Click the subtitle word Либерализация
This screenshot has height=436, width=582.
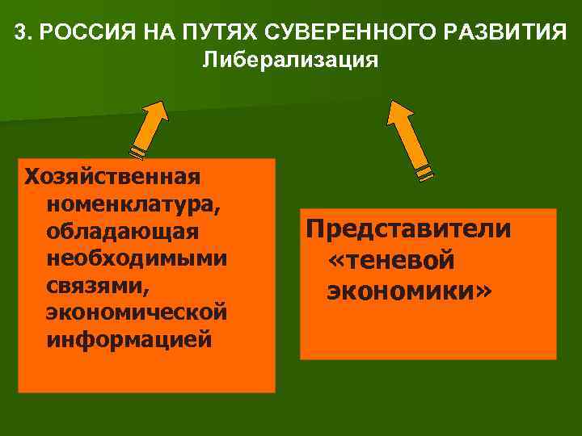pyautogui.click(x=290, y=61)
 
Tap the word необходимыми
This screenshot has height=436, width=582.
pyautogui.click(x=137, y=258)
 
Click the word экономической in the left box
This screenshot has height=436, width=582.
pyautogui.click(x=136, y=312)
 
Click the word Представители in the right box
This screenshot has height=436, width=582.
pyautogui.click(x=408, y=229)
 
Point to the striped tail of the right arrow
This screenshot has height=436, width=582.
pyautogui.click(x=424, y=171)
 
